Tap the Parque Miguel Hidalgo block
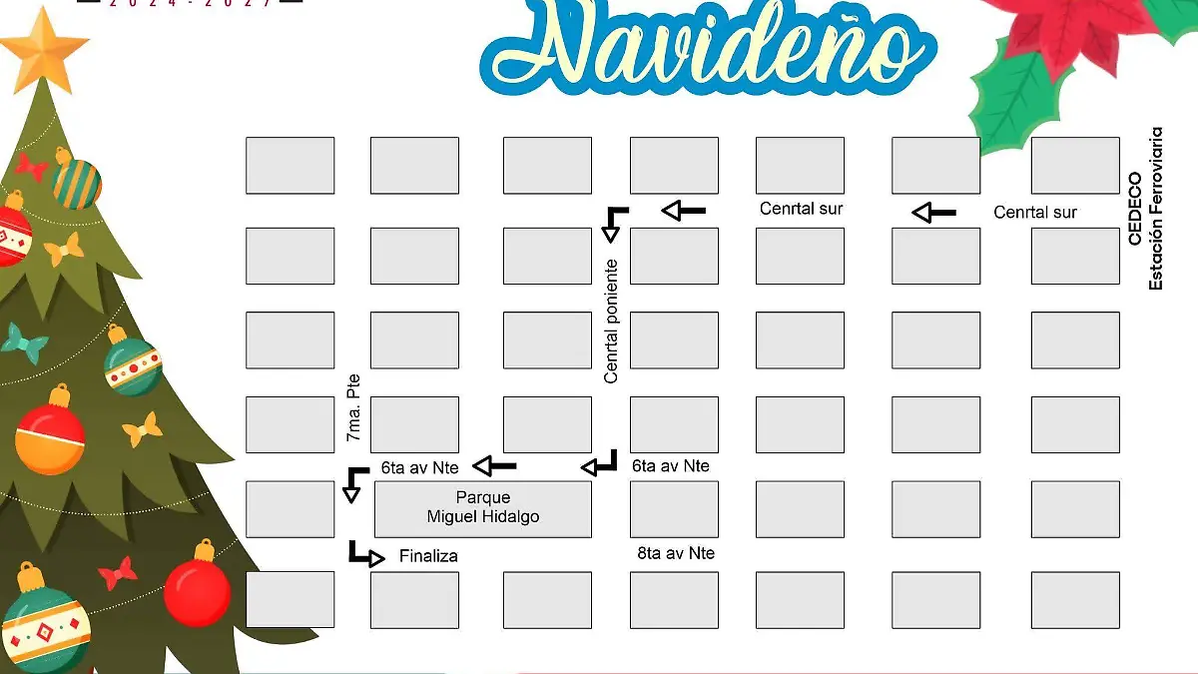483,508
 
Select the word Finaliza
428,556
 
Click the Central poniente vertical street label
611,322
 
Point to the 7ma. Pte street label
352,409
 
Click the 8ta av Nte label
676,553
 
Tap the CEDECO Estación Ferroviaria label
1145,209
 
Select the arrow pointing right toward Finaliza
366,554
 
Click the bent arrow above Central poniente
613,223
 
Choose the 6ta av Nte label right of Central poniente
671,465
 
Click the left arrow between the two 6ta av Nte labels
494,465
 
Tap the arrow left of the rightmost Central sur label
934,212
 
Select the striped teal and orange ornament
76,180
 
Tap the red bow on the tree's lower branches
118,572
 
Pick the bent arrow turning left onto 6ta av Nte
601,462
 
